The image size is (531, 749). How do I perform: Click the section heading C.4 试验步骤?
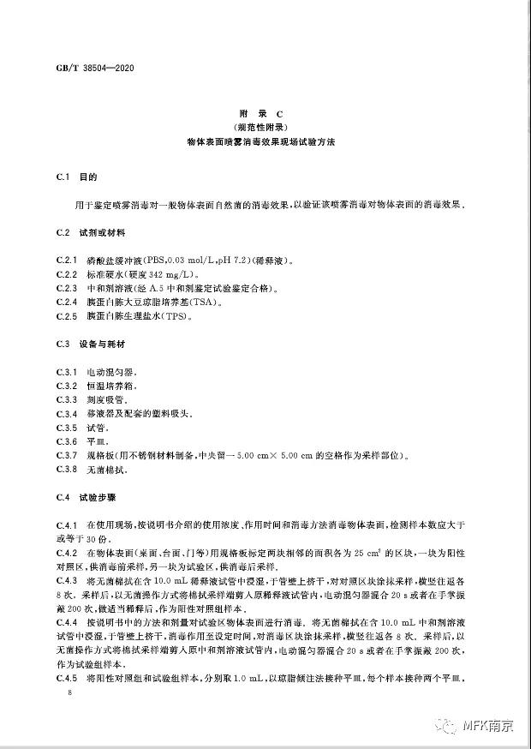(x=84, y=497)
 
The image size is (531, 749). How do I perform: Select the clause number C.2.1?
(x=66, y=261)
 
